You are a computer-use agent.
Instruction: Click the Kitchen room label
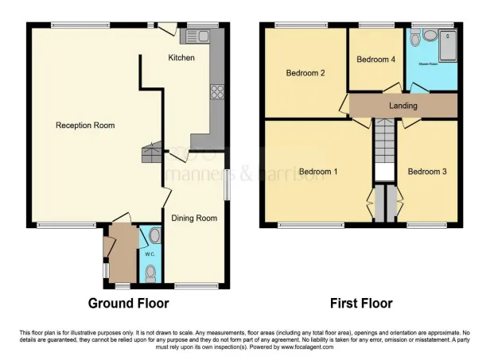tap(182, 58)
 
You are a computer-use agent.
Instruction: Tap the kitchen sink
tap(196, 36)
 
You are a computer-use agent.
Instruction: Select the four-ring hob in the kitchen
tap(215, 92)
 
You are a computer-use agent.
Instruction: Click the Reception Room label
tap(85, 125)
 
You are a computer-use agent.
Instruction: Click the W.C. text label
tap(150, 254)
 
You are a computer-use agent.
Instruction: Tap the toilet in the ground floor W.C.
tap(151, 273)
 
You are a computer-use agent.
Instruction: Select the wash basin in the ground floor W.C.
tap(154, 236)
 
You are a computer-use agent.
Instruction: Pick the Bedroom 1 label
tap(318, 172)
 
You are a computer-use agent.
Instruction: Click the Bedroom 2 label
tap(305, 74)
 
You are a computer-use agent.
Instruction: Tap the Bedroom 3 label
tap(427, 172)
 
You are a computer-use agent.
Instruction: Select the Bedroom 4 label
tap(375, 60)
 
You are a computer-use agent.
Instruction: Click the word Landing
tap(403, 106)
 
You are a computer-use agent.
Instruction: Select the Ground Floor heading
tap(128, 303)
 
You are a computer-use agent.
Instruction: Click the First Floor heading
tap(361, 303)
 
